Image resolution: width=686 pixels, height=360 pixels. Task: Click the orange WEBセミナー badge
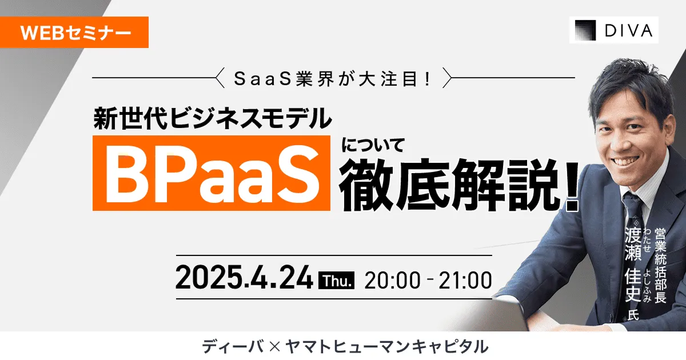coord(74,33)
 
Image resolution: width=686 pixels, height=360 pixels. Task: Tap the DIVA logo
coord(613,30)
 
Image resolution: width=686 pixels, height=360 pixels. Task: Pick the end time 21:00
coord(464,280)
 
